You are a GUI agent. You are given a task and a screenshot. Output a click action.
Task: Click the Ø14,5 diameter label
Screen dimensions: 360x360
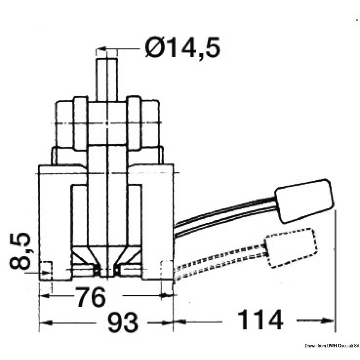(x=183, y=48)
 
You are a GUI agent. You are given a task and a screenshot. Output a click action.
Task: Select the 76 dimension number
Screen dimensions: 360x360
(x=91, y=297)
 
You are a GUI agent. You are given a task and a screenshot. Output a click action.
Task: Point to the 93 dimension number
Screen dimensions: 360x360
(x=123, y=322)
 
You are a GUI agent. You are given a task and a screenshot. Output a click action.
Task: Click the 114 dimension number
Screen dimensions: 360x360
(x=260, y=320)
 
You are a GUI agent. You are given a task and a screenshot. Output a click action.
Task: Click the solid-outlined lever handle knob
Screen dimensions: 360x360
(x=305, y=201)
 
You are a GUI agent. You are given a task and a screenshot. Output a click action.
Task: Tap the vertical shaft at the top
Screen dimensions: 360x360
(x=107, y=79)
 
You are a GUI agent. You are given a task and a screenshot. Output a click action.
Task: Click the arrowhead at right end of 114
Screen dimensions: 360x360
(x=328, y=320)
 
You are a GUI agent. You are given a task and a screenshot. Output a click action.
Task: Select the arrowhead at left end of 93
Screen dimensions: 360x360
(x=45, y=323)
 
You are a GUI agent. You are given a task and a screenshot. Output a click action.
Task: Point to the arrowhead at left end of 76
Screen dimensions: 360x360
(x=45, y=296)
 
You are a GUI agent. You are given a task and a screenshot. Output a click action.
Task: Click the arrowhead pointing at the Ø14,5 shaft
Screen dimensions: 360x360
(x=101, y=49)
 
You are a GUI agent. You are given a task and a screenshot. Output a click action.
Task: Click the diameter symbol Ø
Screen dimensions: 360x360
(x=153, y=48)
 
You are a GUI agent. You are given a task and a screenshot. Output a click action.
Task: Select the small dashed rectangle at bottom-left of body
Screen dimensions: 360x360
(x=46, y=270)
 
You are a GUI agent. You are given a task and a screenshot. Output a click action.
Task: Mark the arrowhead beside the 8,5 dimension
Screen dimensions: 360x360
(x=46, y=273)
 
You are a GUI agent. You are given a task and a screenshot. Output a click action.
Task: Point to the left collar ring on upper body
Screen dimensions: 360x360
(x=81, y=123)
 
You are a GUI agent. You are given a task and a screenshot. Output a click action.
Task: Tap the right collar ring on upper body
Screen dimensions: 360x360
(x=134, y=123)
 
